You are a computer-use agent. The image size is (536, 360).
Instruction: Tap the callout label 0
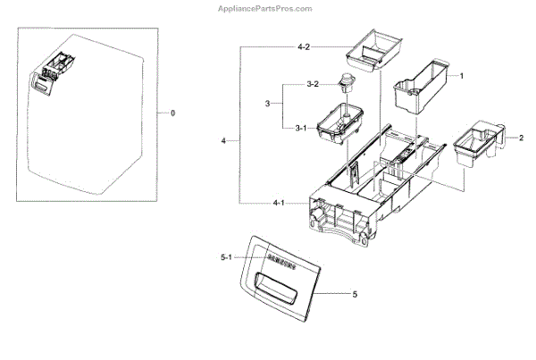(172, 113)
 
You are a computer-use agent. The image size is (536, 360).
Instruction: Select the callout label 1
(461, 77)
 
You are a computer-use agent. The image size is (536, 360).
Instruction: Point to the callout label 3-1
(301, 127)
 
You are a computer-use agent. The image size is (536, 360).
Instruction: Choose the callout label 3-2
(312, 84)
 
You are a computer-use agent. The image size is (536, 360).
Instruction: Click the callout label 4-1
(280, 204)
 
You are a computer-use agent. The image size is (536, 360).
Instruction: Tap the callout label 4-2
(280, 46)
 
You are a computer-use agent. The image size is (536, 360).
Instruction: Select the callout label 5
(355, 294)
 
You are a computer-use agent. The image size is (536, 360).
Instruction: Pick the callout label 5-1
(225, 258)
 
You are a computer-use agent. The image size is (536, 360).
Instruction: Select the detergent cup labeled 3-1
(345, 122)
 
